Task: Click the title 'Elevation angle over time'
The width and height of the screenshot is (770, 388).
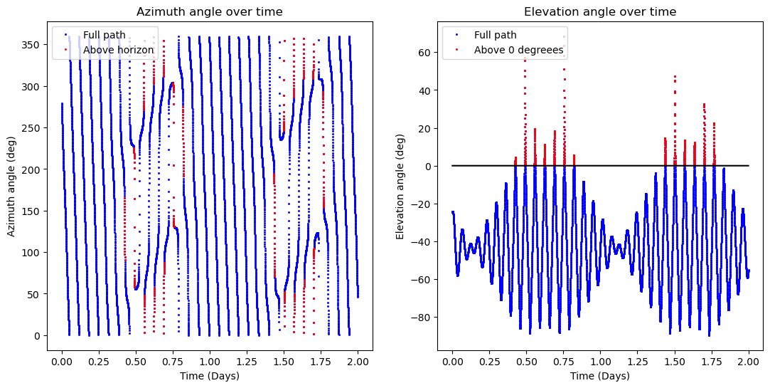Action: [600, 11]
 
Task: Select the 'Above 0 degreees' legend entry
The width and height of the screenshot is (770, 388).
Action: [520, 50]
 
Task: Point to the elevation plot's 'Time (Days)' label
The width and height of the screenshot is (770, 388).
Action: [600, 376]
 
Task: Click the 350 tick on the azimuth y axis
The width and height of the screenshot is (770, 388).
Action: [32, 44]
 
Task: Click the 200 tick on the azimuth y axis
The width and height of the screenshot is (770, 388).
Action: [32, 169]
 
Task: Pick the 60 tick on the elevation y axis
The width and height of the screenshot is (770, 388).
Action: [424, 53]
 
